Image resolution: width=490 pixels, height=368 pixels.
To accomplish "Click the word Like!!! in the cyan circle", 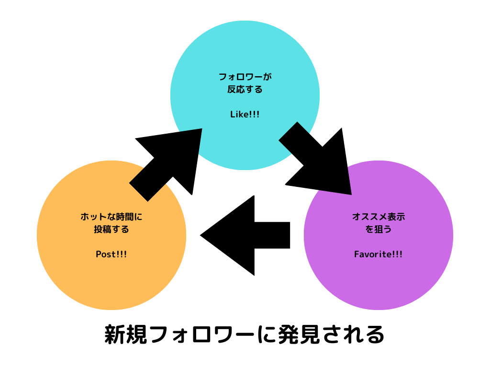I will (x=245, y=115).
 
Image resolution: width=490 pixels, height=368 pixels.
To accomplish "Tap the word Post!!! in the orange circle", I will (x=111, y=254).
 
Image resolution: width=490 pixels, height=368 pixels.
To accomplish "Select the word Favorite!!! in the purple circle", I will (x=378, y=254).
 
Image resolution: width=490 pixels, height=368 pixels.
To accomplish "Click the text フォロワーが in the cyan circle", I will (x=245, y=77).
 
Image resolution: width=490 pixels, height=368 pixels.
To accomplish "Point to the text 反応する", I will (x=245, y=90).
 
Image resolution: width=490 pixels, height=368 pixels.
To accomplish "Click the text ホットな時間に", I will (x=111, y=217).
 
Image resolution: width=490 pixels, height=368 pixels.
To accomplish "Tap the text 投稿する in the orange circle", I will (x=111, y=230).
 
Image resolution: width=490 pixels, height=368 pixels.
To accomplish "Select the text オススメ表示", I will (x=378, y=217).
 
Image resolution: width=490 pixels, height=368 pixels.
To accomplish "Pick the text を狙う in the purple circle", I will (x=378, y=230).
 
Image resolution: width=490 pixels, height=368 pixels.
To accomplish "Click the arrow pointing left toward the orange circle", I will (x=249, y=235).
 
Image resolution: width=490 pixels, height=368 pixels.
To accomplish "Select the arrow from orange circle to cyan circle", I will (x=167, y=161).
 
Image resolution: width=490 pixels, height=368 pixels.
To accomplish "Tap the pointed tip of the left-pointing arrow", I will (x=202, y=235).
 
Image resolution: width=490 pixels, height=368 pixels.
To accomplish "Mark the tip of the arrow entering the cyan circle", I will (x=201, y=129).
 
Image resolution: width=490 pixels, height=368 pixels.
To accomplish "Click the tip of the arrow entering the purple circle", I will (x=351, y=194).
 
